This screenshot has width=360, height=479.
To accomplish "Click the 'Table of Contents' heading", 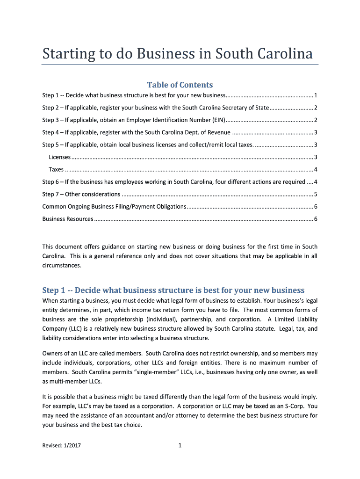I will point(180,85).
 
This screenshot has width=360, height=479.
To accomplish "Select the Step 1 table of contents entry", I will point(134,95).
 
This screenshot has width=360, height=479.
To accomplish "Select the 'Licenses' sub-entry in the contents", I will point(60,157).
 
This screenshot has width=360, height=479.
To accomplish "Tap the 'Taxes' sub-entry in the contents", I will point(57,169).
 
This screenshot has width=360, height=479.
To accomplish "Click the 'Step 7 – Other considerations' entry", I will point(81,194).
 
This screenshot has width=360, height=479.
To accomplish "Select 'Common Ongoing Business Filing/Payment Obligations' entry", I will point(114,206).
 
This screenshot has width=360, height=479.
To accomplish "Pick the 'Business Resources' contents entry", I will point(68,219).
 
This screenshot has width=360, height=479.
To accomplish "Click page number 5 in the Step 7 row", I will point(316,194).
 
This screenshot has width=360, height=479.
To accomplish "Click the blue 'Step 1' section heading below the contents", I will point(173,290).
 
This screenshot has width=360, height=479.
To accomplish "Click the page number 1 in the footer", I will point(180,446).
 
